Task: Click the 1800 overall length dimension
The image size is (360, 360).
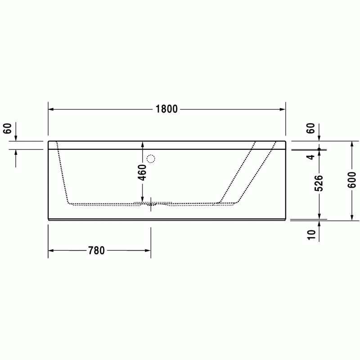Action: pos(166,109)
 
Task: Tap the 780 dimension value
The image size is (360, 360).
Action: pos(96,251)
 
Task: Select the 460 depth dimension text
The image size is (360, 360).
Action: pos(142,172)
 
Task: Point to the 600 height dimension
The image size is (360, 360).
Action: pos(352,180)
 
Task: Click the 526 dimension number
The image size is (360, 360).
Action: pos(319,183)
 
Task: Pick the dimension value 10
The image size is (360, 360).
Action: pos(311,235)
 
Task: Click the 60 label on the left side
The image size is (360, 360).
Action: pos(7,129)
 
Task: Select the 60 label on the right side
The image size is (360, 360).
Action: pos(310,128)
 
